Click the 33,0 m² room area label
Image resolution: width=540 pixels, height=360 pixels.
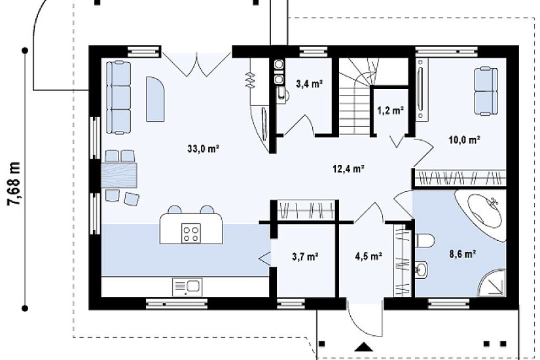(x=204, y=149)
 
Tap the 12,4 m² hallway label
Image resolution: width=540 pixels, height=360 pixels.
(x=348, y=168)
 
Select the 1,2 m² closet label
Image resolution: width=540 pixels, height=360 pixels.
(x=390, y=110)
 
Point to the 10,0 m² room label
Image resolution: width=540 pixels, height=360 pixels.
(x=464, y=139)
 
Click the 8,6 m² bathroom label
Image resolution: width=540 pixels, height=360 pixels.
(x=463, y=254)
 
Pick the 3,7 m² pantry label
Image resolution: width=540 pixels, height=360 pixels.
(x=305, y=257)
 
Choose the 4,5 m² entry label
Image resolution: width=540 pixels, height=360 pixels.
(x=369, y=257)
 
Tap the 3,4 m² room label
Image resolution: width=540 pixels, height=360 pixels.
(x=309, y=83)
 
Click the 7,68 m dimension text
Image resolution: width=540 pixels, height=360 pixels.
(x=14, y=185)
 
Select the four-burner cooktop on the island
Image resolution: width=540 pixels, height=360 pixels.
(x=191, y=234)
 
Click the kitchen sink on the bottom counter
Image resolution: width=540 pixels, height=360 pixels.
(x=187, y=287)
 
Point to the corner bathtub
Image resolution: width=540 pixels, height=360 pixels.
(x=480, y=214)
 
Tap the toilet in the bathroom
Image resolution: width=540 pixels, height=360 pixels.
(x=425, y=240)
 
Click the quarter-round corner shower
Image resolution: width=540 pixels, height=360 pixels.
(x=492, y=283)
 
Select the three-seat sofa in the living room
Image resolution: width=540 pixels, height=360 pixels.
(x=118, y=97)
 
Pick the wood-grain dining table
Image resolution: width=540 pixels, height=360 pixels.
(x=119, y=175)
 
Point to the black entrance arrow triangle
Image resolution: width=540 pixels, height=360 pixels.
(x=363, y=347)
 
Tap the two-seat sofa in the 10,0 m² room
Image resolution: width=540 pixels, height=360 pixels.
(x=486, y=91)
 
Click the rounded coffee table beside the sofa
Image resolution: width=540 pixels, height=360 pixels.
(x=155, y=99)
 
